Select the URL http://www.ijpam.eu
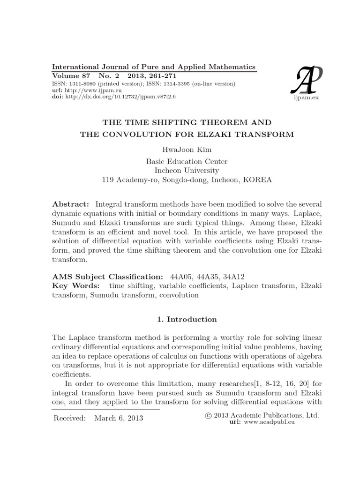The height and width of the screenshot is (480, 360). (x=85, y=90)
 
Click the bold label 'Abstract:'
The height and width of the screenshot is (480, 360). (x=70, y=204)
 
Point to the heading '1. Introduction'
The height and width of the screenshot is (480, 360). (x=187, y=319)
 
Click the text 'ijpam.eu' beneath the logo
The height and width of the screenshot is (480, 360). (x=305, y=97)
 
